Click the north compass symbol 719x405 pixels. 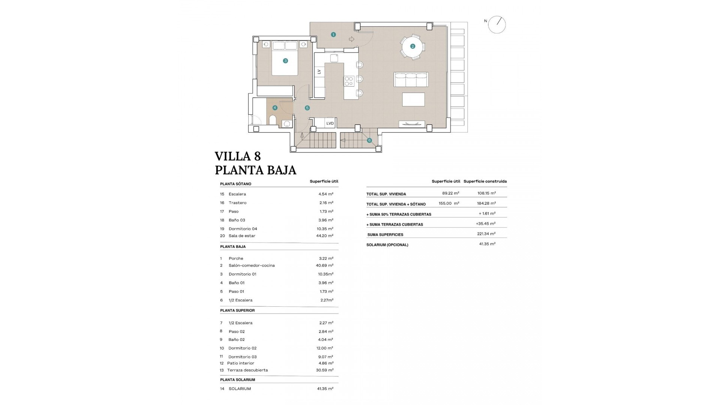(497, 25)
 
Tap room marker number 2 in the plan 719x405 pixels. (412, 46)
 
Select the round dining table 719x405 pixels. (412, 47)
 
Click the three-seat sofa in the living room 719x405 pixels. (411, 80)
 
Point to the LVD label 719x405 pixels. (330, 123)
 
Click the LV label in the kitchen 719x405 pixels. (319, 72)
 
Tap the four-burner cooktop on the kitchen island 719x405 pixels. (349, 81)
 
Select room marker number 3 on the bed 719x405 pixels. (285, 61)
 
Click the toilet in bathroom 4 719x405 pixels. (273, 120)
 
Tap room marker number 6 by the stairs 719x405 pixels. (369, 141)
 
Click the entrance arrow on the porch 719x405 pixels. (351, 39)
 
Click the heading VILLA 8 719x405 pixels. (238, 156)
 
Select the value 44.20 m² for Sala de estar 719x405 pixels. (325, 236)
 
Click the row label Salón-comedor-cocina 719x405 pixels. (252, 265)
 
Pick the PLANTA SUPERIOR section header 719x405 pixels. (237, 310)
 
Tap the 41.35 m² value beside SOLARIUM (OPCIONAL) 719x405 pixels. (487, 244)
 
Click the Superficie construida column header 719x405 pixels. (485, 181)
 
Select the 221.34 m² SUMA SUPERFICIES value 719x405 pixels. (487, 234)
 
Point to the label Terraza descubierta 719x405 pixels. (248, 370)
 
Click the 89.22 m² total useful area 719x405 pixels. (450, 193)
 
